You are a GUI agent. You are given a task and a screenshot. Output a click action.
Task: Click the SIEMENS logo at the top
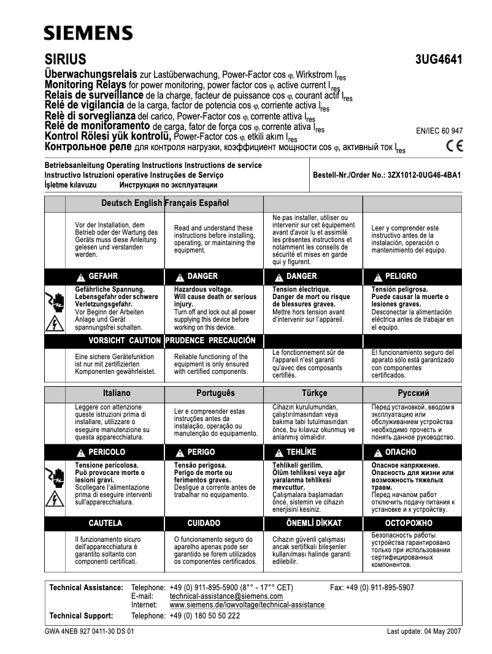88,32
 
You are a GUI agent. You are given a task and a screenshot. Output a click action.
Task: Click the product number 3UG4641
439,60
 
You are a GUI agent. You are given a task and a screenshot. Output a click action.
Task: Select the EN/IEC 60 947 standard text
439,131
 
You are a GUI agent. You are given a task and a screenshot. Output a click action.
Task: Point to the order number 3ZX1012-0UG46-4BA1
387,175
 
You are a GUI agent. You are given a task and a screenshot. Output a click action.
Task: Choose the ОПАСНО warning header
400,452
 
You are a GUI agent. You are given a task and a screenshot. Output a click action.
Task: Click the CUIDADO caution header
204,523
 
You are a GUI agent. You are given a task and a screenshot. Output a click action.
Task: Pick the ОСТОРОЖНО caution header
408,523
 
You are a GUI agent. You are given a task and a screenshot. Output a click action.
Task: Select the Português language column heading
215,393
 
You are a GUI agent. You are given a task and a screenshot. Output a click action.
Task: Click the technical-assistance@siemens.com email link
226,596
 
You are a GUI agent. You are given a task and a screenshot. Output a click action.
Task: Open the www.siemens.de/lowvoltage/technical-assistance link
247,605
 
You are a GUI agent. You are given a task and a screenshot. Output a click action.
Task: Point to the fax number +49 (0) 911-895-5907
372,587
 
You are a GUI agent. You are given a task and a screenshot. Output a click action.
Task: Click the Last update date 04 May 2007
425,631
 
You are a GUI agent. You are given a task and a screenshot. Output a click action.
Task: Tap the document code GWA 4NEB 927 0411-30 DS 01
90,631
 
